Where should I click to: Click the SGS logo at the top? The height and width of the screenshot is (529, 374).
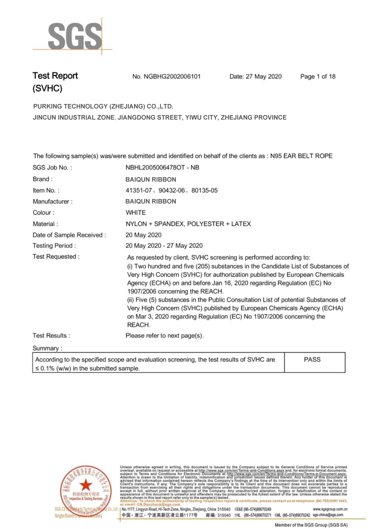click(x=74, y=36)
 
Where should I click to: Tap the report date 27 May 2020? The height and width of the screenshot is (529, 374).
click(x=264, y=77)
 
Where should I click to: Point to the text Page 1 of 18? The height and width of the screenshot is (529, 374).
click(x=318, y=77)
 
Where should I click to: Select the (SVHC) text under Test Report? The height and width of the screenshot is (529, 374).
click(x=47, y=88)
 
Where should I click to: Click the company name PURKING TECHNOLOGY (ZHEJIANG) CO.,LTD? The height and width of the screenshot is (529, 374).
click(x=103, y=106)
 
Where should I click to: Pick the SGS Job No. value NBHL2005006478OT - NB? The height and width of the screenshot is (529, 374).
click(x=162, y=168)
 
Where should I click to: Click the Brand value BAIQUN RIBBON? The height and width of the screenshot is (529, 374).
click(x=151, y=180)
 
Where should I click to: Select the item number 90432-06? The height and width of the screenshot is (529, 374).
click(x=171, y=191)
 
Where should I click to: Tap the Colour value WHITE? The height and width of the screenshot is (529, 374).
click(x=135, y=213)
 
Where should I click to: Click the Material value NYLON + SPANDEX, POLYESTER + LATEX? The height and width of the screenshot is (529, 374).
click(x=188, y=224)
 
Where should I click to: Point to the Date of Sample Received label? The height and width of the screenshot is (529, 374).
click(x=69, y=235)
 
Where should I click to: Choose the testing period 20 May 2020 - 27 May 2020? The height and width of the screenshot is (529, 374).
click(x=164, y=246)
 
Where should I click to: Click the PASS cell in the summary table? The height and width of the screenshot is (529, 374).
click(x=312, y=360)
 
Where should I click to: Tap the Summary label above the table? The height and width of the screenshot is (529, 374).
click(x=47, y=348)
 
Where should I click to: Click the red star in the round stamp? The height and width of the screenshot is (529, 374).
click(x=86, y=485)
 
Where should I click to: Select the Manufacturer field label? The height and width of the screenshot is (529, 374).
click(x=52, y=201)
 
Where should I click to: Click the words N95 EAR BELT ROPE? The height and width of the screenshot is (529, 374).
click(x=301, y=156)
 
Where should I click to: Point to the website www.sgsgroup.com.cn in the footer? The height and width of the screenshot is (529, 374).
click(x=330, y=509)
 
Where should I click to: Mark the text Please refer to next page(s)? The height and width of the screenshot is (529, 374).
click(x=164, y=336)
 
